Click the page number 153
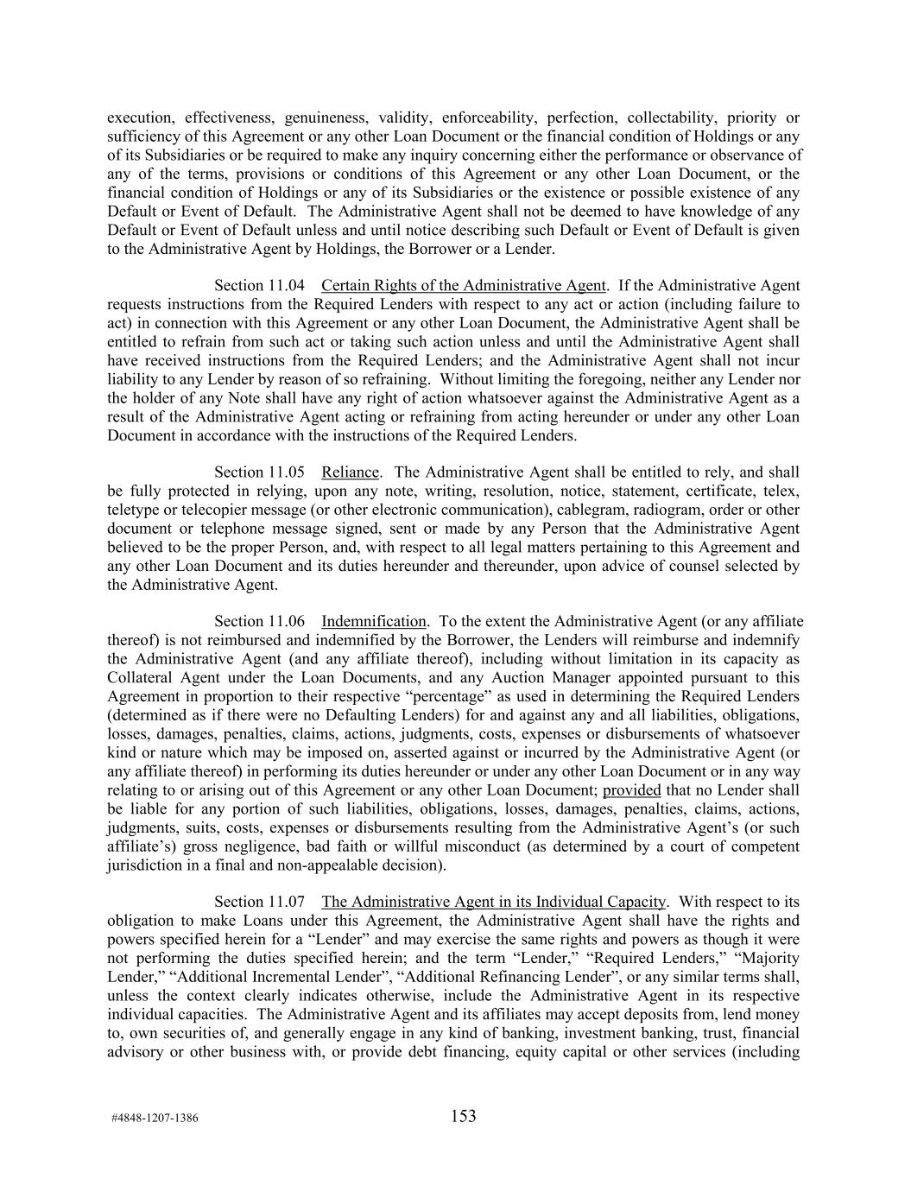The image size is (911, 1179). pos(463,1116)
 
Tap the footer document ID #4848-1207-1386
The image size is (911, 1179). pos(155,1118)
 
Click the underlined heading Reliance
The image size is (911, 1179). pos(351,472)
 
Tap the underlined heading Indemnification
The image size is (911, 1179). pos(374,621)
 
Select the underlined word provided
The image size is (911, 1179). pos(632,789)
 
